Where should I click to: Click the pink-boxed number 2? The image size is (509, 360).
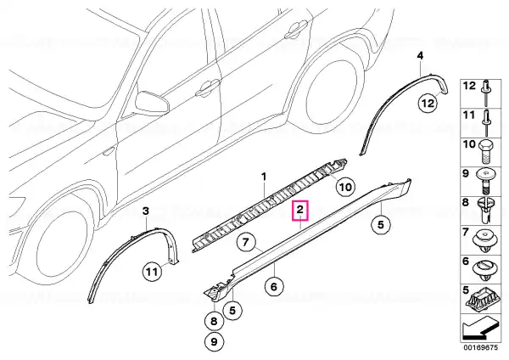300,210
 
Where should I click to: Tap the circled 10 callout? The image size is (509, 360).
345,187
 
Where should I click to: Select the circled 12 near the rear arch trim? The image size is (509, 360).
428,103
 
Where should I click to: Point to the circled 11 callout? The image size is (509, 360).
153,272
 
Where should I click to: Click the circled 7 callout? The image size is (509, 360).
246,242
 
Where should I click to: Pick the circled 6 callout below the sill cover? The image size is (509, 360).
274,287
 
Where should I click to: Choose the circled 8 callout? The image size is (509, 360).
214,321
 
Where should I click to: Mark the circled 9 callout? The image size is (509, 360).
214,341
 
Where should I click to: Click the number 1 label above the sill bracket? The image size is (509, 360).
264,177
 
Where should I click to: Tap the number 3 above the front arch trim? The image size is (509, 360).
146,211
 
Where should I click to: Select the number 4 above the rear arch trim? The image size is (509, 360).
420,56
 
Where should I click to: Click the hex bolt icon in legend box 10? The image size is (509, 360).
486,151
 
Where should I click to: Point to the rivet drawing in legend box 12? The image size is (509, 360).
487,93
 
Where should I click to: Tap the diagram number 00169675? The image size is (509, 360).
480,347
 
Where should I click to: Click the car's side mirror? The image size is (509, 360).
152,102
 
